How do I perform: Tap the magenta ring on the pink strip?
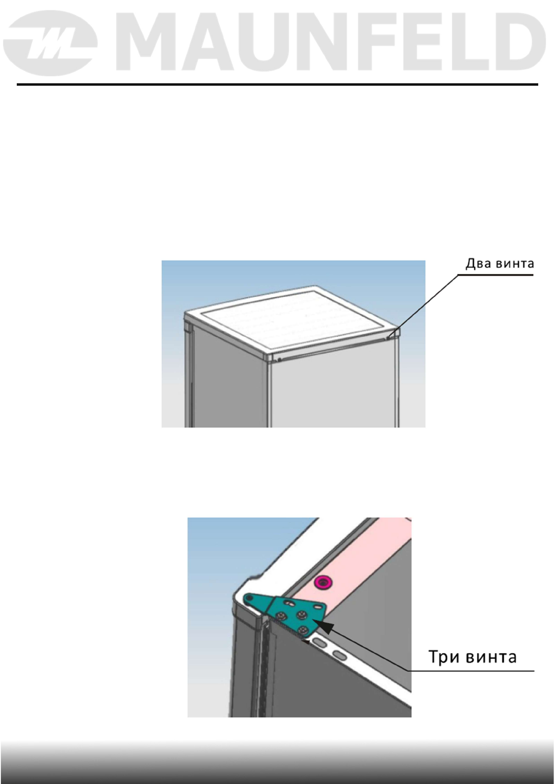(322, 581)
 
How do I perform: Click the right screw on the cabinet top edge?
(388, 338)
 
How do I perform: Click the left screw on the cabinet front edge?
(279, 359)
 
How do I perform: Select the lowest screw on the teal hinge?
(303, 630)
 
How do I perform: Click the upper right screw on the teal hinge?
(301, 615)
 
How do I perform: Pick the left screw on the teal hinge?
(282, 616)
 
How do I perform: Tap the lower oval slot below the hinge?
(340, 656)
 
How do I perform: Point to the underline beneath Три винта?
(471, 671)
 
